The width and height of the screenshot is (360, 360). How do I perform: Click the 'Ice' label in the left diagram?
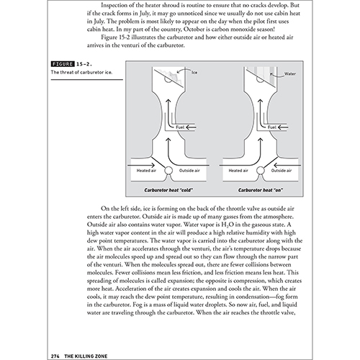[194, 72]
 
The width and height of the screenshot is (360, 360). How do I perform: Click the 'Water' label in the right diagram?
[290, 73]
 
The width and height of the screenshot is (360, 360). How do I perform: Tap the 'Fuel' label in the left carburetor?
[180, 127]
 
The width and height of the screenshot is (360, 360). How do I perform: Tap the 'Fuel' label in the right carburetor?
[272, 127]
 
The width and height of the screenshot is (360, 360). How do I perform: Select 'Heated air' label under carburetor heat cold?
[146, 171]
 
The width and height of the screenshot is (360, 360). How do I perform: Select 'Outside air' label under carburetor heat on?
[282, 171]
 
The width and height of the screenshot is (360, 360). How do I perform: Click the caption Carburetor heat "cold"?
[168, 190]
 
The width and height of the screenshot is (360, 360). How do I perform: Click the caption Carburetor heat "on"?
[261, 190]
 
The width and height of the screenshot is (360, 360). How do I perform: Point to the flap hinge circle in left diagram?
[168, 171]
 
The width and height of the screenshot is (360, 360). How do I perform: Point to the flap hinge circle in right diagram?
[261, 171]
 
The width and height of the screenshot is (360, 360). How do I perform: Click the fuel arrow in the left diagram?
[191, 127]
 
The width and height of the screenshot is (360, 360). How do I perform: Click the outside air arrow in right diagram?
[287, 165]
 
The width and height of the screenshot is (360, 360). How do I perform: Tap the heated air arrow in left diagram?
[141, 165]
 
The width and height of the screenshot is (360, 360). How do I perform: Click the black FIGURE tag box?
[63, 64]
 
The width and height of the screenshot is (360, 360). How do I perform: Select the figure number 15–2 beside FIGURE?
[84, 64]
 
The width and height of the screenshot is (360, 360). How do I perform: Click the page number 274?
[55, 356]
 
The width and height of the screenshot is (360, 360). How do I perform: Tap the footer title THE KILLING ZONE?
[86, 356]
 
